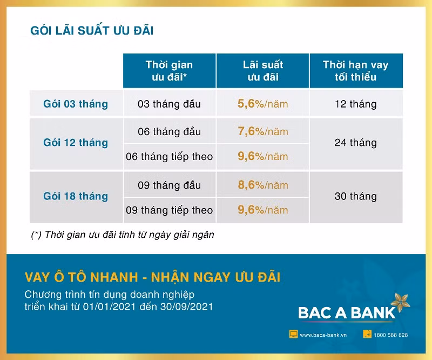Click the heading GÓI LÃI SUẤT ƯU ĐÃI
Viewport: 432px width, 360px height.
click(92, 31)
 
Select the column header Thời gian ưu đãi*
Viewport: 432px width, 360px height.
click(169, 71)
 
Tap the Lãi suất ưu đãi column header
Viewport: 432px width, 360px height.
click(263, 71)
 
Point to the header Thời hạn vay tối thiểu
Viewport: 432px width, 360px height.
click(355, 71)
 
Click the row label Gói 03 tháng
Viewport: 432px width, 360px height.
click(76, 104)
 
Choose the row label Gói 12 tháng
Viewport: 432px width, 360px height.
click(76, 143)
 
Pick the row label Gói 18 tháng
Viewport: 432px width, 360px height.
click(76, 196)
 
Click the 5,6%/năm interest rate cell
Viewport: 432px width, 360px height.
click(263, 104)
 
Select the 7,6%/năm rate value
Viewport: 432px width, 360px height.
click(263, 131)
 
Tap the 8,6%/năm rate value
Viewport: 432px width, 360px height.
click(263, 185)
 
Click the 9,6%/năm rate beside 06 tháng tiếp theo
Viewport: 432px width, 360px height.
click(263, 156)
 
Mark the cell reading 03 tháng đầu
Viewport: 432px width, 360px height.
click(169, 104)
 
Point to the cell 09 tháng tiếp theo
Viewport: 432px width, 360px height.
click(169, 210)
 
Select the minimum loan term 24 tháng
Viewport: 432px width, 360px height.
click(355, 143)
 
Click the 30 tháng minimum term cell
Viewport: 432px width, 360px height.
click(355, 196)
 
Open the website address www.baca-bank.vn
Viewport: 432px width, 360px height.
click(323, 335)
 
